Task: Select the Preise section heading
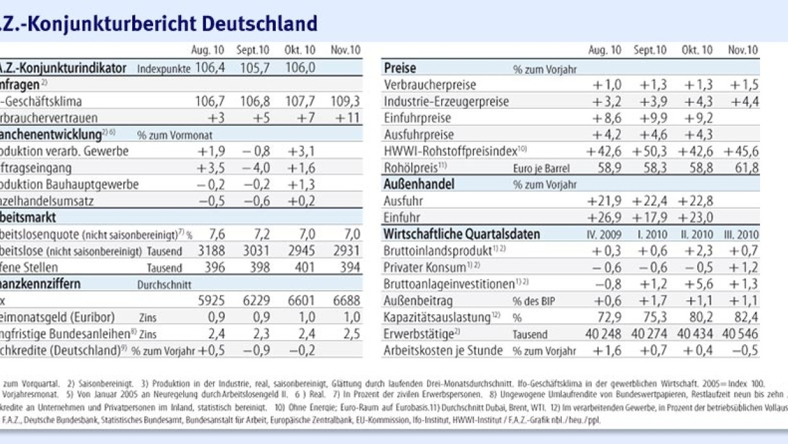400,68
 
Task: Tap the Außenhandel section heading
417,184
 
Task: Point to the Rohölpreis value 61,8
746,168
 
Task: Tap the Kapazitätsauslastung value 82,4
746,317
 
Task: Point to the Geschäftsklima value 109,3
346,101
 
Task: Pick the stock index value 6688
346,300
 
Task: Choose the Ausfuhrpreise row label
419,135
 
